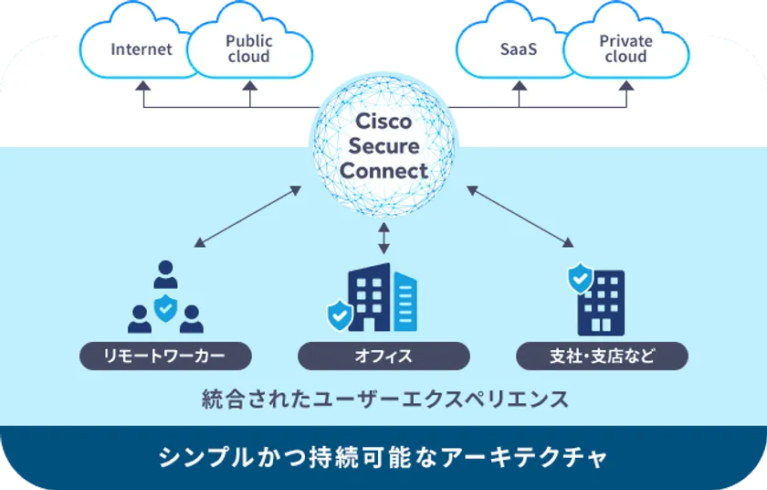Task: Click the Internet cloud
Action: (x=142, y=49)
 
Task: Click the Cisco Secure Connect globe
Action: (x=383, y=146)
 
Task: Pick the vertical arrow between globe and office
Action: (x=383, y=237)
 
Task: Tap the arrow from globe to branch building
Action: (x=520, y=217)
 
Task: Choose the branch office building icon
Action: (x=600, y=302)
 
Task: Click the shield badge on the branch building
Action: (x=580, y=278)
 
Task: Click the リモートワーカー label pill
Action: (x=165, y=356)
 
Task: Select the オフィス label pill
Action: (x=383, y=356)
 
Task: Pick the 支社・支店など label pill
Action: (x=602, y=356)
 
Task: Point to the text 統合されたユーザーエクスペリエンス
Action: (x=383, y=399)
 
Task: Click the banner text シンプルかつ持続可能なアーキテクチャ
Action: (x=383, y=455)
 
